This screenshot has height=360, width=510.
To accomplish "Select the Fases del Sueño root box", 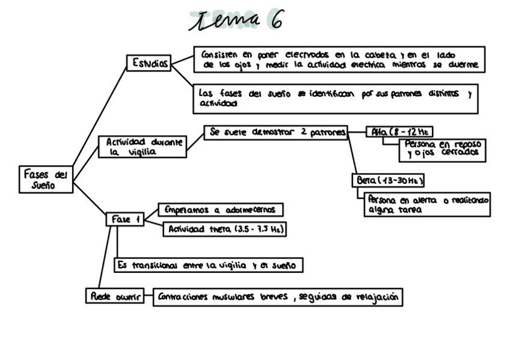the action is tap(46, 180).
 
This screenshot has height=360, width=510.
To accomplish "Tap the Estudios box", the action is tap(149, 64).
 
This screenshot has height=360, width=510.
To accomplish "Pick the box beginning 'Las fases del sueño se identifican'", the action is tap(335, 99).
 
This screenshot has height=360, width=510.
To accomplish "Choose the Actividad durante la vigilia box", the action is tap(143, 147).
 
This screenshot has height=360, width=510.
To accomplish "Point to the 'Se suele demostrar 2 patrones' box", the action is tap(275, 132).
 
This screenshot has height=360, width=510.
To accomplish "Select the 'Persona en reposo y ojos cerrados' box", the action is tap(442, 149).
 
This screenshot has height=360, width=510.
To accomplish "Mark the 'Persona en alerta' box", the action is tap(428, 204).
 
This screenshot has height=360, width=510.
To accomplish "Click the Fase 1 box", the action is tap(125, 219).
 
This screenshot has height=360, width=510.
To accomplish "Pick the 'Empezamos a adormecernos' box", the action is tap(220, 210).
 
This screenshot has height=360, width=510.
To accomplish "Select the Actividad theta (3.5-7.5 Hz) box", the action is tap(224, 229).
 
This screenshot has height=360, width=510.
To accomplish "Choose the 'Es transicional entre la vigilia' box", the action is tap(207, 265).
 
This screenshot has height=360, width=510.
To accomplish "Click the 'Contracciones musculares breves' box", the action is tap(277, 297).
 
